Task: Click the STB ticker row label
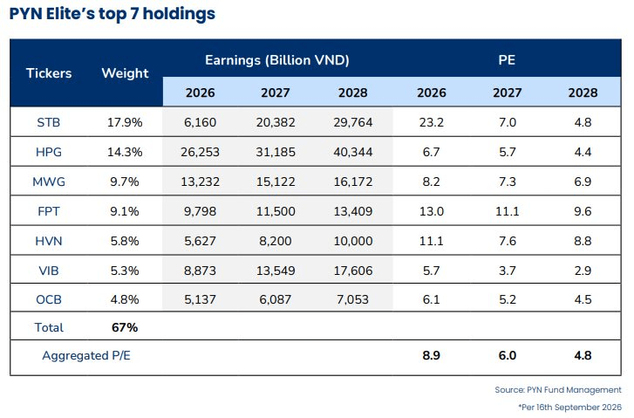click(49, 122)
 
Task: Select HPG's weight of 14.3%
click(125, 152)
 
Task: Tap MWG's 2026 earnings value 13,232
click(201, 182)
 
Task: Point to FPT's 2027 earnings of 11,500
click(276, 211)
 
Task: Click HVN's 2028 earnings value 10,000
click(353, 241)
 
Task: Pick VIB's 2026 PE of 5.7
click(431, 271)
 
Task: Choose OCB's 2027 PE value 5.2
click(507, 299)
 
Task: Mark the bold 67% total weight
click(125, 327)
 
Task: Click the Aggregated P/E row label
click(86, 355)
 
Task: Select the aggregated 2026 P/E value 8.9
click(431, 355)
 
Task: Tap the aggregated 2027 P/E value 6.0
click(507, 355)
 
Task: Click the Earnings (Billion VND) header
click(277, 60)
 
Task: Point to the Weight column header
click(125, 73)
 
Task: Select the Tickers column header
click(49, 73)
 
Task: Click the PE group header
click(507, 60)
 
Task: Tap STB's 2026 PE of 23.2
click(431, 122)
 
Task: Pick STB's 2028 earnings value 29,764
click(353, 122)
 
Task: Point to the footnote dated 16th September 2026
click(569, 407)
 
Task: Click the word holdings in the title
click(179, 14)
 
